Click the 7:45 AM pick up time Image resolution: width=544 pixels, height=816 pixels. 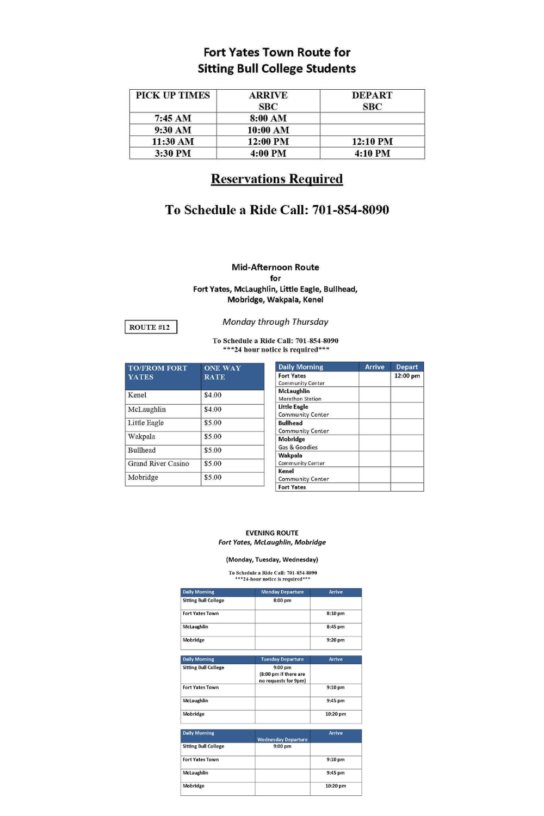[x=172, y=118]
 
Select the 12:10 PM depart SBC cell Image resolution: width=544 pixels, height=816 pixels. [x=372, y=141]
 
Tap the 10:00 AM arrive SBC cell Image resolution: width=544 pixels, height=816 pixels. [x=268, y=130]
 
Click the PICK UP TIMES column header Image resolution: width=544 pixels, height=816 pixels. [x=172, y=95]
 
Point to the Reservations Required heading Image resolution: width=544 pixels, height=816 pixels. [x=277, y=179]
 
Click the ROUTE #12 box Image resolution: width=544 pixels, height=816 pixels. [x=150, y=327]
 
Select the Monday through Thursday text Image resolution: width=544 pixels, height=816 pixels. [x=275, y=322]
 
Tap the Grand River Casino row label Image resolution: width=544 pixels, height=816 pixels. [x=158, y=463]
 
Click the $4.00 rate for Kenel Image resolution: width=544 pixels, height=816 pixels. [x=213, y=395]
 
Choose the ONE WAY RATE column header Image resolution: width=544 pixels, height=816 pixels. [x=222, y=373]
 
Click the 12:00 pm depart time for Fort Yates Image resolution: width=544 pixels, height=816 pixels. [x=407, y=376]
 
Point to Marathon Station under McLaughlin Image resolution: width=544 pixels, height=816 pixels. [x=300, y=399]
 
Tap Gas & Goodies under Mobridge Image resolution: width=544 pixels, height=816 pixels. [x=298, y=447]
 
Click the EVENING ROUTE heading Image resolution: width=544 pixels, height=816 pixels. [x=272, y=533]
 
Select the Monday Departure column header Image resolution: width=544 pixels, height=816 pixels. [x=282, y=592]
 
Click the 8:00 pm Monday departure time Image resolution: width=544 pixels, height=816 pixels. [x=282, y=601]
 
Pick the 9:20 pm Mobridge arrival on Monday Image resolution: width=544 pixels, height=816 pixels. [x=336, y=640]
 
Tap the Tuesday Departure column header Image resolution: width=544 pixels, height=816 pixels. [x=282, y=659]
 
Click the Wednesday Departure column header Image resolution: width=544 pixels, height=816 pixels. [x=282, y=739]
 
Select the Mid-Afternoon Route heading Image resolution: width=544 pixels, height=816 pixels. [x=275, y=267]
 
